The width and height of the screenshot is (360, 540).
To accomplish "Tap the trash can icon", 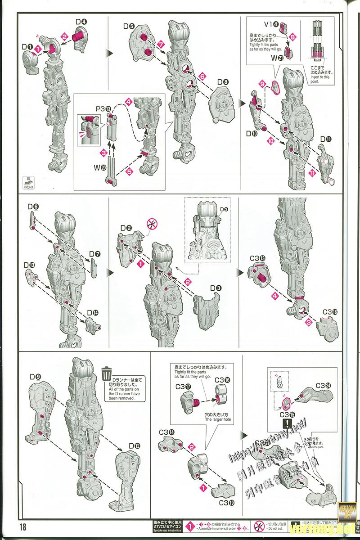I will point(107,374).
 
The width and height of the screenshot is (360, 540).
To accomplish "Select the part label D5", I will point(129,27).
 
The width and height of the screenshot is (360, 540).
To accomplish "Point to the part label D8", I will point(223,82).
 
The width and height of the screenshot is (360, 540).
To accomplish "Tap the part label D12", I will point(134,446).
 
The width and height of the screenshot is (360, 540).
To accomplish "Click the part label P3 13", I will point(103,109).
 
